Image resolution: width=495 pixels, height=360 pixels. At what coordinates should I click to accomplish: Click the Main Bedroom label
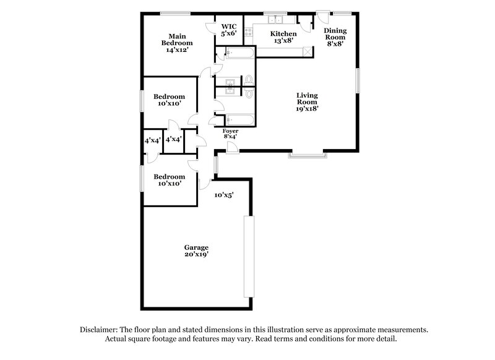[x=177, y=43]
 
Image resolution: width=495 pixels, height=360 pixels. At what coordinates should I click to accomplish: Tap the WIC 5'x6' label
[x=229, y=30]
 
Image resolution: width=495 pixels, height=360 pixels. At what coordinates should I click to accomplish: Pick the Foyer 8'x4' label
[x=230, y=134]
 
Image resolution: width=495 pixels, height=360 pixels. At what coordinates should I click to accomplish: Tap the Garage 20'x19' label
[x=195, y=252]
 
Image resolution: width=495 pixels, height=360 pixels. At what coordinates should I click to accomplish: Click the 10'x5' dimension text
[x=223, y=195]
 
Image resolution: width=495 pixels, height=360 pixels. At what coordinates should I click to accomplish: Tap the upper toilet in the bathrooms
[x=249, y=79]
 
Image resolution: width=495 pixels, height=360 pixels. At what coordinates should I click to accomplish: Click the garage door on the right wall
[x=248, y=257]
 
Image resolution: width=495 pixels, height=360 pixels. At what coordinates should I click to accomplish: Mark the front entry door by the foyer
[x=230, y=147]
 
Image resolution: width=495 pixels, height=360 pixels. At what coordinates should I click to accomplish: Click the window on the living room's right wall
[x=357, y=80]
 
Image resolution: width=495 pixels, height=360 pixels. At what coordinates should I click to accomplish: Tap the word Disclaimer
[x=102, y=330]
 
